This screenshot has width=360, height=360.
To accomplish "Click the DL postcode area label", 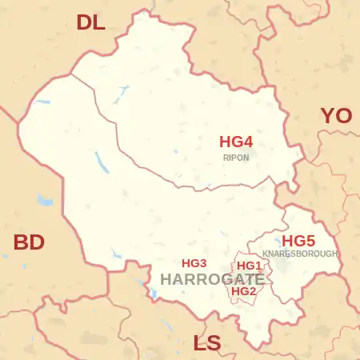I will pyautogui.click(x=90, y=22).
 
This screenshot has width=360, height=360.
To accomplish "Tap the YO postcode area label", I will pyautogui.click(x=336, y=116).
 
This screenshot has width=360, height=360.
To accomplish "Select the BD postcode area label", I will pyautogui.click(x=29, y=242).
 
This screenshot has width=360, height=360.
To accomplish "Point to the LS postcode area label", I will pyautogui.click(x=207, y=344).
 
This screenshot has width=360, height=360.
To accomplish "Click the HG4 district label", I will pyautogui.click(x=236, y=142).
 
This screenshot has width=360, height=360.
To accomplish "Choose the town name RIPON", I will pyautogui.click(x=236, y=158).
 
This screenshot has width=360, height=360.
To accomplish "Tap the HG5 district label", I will pyautogui.click(x=298, y=241).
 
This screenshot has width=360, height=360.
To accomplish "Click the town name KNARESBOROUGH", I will pyautogui.click(x=300, y=254).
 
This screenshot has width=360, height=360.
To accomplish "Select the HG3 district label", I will pyautogui.click(x=194, y=263).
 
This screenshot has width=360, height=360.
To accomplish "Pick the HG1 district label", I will pyautogui.click(x=250, y=266).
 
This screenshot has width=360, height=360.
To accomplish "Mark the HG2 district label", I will pyautogui.click(x=243, y=291).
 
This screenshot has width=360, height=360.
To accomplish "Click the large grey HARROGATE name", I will pyautogui.click(x=212, y=279).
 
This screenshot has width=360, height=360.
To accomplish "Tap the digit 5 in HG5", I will pyautogui.click(x=310, y=241).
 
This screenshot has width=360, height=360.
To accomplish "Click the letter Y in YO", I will pyautogui.click(x=328, y=116).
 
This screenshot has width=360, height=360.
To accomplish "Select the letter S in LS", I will pyautogui.click(x=214, y=344).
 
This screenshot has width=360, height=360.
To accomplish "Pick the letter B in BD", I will pyautogui.click(x=21, y=242).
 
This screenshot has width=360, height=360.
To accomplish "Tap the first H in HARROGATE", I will pyautogui.click(x=166, y=279).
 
